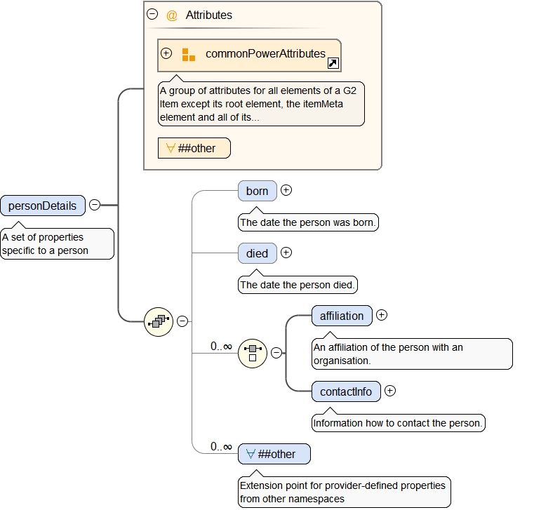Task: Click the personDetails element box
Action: tap(43, 206)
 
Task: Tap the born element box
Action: tap(257, 191)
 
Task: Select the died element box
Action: tap(257, 253)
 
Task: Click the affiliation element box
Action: tap(342, 316)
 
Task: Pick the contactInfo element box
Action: tap(346, 391)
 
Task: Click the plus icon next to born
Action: tap(286, 190)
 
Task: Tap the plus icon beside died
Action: tap(286, 253)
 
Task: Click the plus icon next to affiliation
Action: tap(382, 315)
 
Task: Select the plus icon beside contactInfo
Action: tap(391, 391)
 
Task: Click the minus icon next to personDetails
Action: tap(95, 205)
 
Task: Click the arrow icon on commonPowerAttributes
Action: tap(333, 64)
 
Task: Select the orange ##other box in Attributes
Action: tap(194, 148)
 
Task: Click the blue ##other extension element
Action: tap(274, 454)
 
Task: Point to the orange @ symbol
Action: tap(172, 15)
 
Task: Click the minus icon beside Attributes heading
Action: tap(152, 14)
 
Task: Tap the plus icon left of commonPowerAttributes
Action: tap(166, 53)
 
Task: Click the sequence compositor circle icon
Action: tap(159, 321)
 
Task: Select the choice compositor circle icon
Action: tap(253, 353)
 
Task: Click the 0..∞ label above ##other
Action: tap(221, 447)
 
